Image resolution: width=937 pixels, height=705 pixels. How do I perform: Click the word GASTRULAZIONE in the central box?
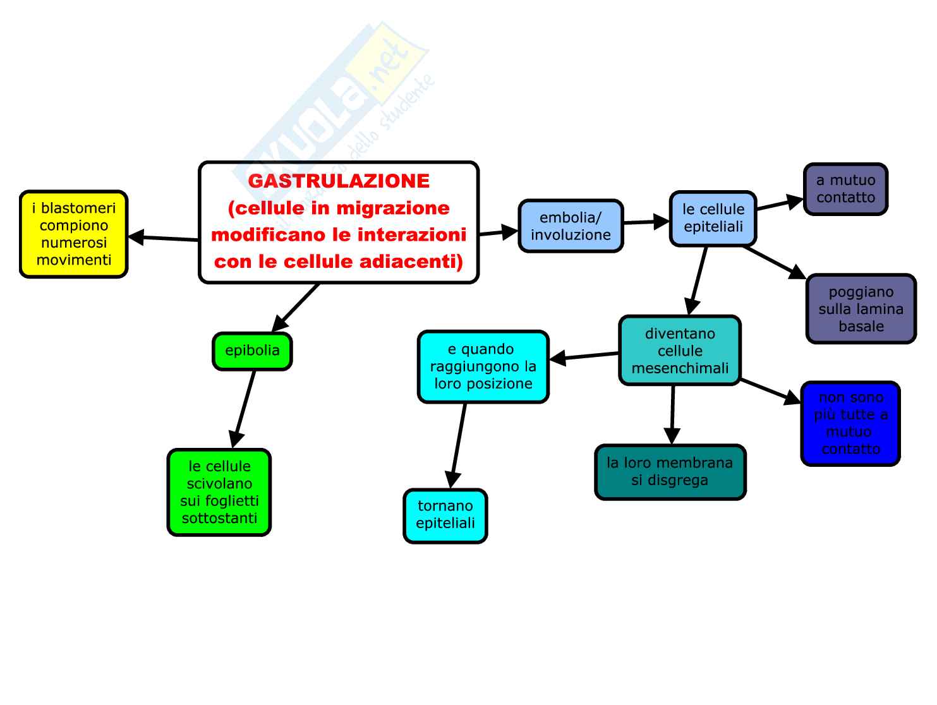click(x=339, y=181)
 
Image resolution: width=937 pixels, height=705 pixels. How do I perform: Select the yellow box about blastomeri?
click(x=74, y=234)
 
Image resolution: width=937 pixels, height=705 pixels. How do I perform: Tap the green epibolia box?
click(x=252, y=351)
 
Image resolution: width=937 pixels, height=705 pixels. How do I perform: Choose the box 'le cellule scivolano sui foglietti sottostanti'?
click(x=219, y=492)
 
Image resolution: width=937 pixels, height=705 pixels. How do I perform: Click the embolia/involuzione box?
click(x=571, y=226)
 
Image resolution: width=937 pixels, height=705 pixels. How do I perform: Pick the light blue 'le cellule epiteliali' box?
click(x=713, y=218)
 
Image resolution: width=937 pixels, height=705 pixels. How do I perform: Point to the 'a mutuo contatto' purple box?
click(x=845, y=189)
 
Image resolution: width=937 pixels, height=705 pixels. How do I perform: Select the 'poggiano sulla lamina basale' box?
click(x=861, y=309)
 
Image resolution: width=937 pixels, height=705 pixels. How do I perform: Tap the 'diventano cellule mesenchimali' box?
click(x=680, y=351)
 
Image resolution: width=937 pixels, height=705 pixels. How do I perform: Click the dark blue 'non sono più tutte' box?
click(x=850, y=423)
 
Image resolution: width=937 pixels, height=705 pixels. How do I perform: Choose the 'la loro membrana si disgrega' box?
click(x=670, y=472)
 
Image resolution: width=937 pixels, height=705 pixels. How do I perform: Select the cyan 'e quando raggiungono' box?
click(x=483, y=366)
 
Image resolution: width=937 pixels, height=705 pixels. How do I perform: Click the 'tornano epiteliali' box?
click(x=445, y=515)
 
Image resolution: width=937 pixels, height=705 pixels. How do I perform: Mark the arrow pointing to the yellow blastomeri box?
click(x=163, y=238)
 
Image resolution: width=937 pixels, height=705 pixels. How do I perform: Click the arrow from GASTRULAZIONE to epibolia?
click(x=296, y=308)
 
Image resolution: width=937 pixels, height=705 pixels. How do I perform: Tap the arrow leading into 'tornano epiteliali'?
click(x=459, y=445)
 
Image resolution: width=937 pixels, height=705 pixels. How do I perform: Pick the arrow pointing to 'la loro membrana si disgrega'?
click(x=672, y=414)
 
